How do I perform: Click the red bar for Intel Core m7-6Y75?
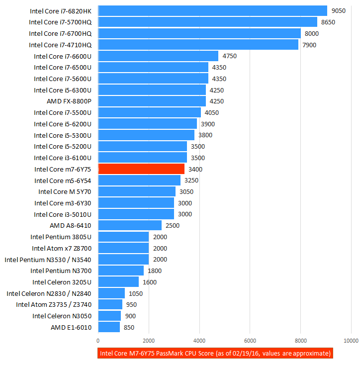[142, 169]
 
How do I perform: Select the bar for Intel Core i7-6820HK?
[213, 10]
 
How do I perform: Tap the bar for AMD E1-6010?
[109, 327]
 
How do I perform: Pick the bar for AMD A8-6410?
[130, 225]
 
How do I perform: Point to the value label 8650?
[329, 22]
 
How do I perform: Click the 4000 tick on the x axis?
[199, 341]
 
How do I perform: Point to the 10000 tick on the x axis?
[351, 341]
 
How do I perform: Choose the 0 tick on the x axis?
[98, 341]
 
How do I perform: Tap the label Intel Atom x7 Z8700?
[62, 248]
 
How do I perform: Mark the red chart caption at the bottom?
[215, 354]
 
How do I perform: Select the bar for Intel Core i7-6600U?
[158, 56]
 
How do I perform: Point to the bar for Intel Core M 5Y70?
[137, 191]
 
